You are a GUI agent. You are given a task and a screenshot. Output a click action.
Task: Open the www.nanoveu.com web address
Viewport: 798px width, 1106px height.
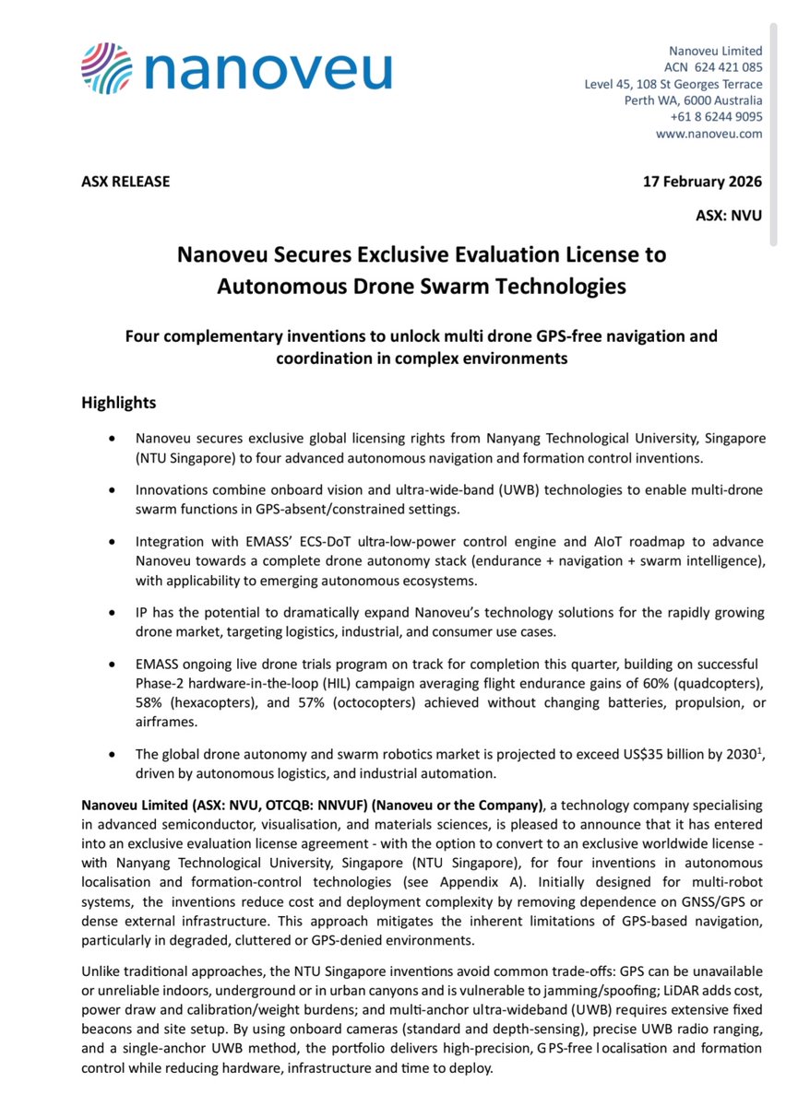click(x=709, y=134)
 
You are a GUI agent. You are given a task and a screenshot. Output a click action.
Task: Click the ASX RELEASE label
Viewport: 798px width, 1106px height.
click(x=126, y=182)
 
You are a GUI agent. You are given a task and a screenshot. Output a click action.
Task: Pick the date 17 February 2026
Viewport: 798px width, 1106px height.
click(x=702, y=182)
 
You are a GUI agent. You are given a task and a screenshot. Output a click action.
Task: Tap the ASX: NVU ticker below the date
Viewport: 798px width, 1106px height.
click(x=729, y=217)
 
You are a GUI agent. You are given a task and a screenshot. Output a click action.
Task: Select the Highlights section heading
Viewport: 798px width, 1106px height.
click(x=119, y=403)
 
